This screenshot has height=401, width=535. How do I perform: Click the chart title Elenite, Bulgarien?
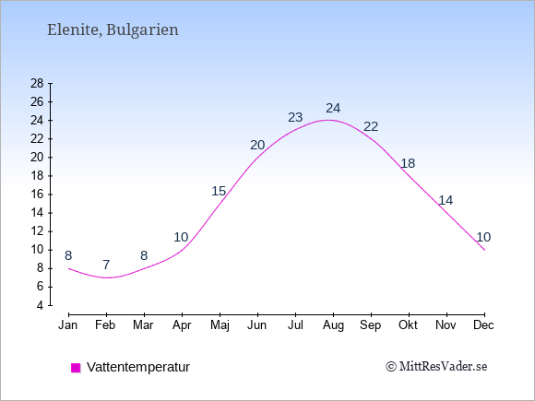(x=113, y=30)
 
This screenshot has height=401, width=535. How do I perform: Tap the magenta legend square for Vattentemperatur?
(x=76, y=368)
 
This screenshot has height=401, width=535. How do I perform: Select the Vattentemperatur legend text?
(x=138, y=367)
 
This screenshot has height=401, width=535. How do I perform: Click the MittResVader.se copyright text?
(x=436, y=367)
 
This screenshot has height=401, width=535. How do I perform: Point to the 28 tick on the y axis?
(x=37, y=83)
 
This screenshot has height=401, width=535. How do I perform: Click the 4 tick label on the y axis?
(x=41, y=305)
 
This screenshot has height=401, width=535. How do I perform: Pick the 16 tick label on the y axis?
(x=37, y=195)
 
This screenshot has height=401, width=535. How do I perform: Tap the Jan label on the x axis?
(x=68, y=325)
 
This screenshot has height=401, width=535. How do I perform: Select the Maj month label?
(x=220, y=325)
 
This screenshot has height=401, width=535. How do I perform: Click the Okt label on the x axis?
(x=408, y=325)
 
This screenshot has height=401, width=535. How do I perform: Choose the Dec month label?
(x=483, y=325)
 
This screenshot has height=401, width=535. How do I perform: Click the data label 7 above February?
(x=106, y=265)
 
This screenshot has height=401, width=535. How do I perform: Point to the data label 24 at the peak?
(x=333, y=108)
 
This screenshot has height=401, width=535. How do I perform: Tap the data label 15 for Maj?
(x=219, y=191)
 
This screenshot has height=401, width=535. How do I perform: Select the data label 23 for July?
(x=295, y=117)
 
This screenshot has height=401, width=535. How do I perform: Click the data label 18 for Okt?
(x=408, y=163)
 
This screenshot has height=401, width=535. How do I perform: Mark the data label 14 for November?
(x=446, y=200)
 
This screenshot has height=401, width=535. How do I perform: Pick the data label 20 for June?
(x=257, y=145)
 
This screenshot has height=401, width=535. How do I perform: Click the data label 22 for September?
(x=371, y=126)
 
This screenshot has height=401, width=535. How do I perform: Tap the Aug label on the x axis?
(x=333, y=325)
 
